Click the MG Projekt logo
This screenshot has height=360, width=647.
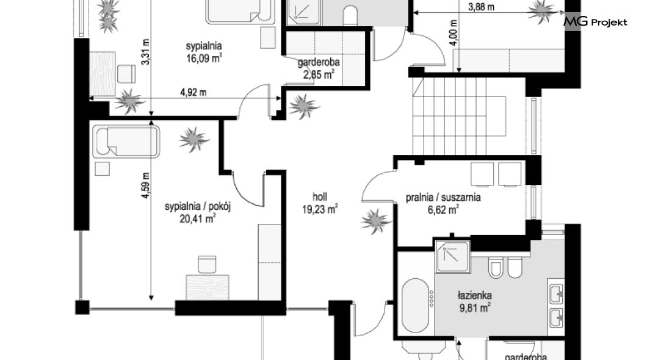click(595, 21)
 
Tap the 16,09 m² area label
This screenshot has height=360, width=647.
click(204, 58)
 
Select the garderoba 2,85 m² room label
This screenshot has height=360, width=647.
click(319, 68)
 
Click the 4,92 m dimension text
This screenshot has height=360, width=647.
click(193, 92)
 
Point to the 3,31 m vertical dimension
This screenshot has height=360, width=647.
click(145, 51)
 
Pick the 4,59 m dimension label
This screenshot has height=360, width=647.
click(145, 185)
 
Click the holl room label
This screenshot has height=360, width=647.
click(320, 196)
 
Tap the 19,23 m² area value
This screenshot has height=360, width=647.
click(320, 209)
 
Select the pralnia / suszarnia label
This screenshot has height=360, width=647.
click(443, 197)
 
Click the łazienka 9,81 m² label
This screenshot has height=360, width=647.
click(475, 301)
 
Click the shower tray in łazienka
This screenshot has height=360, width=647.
click(453, 256)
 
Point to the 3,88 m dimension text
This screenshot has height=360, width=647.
click(481, 7)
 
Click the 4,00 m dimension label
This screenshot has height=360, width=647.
click(454, 32)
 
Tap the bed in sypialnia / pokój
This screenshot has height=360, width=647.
click(126, 142)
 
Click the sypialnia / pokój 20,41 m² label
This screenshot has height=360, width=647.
click(198, 212)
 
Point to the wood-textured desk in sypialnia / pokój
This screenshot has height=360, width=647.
click(208, 287)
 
